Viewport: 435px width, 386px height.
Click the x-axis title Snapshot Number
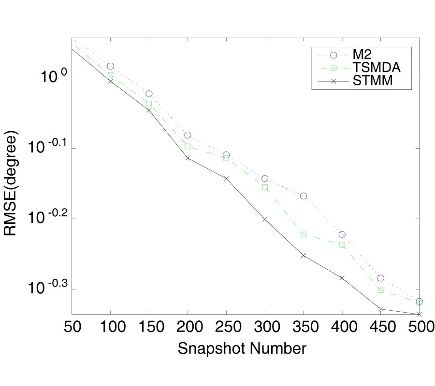[x=242, y=348]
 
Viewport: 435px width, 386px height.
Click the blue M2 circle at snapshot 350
[x=304, y=196]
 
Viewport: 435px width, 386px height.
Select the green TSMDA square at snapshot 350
[x=304, y=234]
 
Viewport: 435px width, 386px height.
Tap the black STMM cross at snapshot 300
[x=265, y=219]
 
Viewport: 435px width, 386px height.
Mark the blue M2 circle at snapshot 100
[x=110, y=66]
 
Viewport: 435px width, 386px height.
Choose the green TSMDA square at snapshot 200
[x=188, y=146]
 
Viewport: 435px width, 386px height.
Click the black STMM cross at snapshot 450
[x=381, y=309]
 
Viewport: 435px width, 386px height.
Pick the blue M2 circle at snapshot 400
[x=342, y=234]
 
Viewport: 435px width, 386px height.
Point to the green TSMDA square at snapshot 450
[x=381, y=290]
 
